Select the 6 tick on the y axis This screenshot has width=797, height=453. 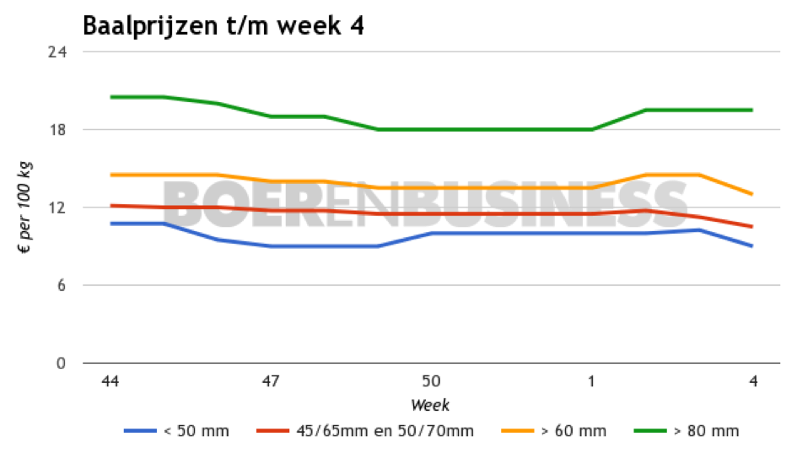point(61,285)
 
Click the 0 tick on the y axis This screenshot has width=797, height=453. point(61,364)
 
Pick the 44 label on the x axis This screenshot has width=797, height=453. point(110,381)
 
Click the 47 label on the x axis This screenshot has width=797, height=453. point(271,381)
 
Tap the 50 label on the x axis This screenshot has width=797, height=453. point(431,381)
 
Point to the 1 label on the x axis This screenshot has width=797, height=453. point(591,381)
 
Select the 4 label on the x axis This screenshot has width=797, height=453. point(752,381)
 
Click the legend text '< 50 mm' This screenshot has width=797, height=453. point(196,431)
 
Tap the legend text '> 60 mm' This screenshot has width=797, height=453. point(573,431)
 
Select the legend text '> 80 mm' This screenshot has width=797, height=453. point(706,431)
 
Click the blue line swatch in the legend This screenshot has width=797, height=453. point(140,431)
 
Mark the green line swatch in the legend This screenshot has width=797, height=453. point(650,431)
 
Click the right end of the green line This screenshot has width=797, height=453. point(752,110)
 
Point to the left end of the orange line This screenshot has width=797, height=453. point(110,175)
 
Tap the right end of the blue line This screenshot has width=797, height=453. point(752,246)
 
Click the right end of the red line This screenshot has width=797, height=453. point(752,227)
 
